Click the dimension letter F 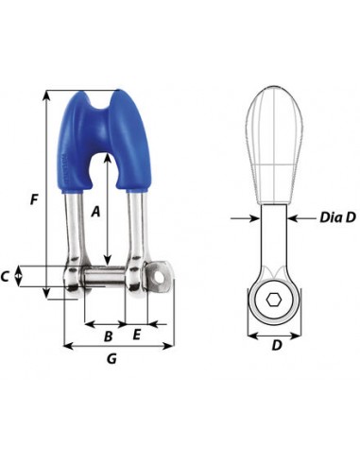point(34,199)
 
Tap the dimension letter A point(95,212)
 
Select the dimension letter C point(5,277)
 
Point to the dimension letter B point(108,336)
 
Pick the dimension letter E point(136,335)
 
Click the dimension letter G point(111,358)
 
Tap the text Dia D point(337,217)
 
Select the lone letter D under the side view point(277,345)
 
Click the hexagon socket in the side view point(273,300)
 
